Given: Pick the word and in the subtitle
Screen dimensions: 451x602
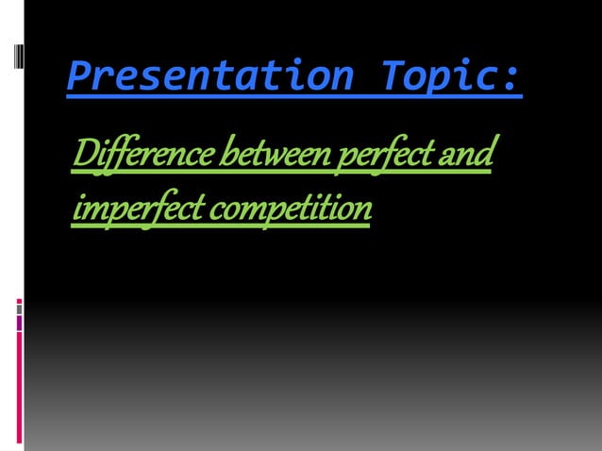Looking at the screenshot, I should point(468,153).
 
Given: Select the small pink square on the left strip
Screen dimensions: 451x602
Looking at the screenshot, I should point(19,301).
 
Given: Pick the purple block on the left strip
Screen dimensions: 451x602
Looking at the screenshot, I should point(19,323).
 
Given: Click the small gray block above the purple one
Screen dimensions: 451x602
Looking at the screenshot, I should point(19,309).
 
